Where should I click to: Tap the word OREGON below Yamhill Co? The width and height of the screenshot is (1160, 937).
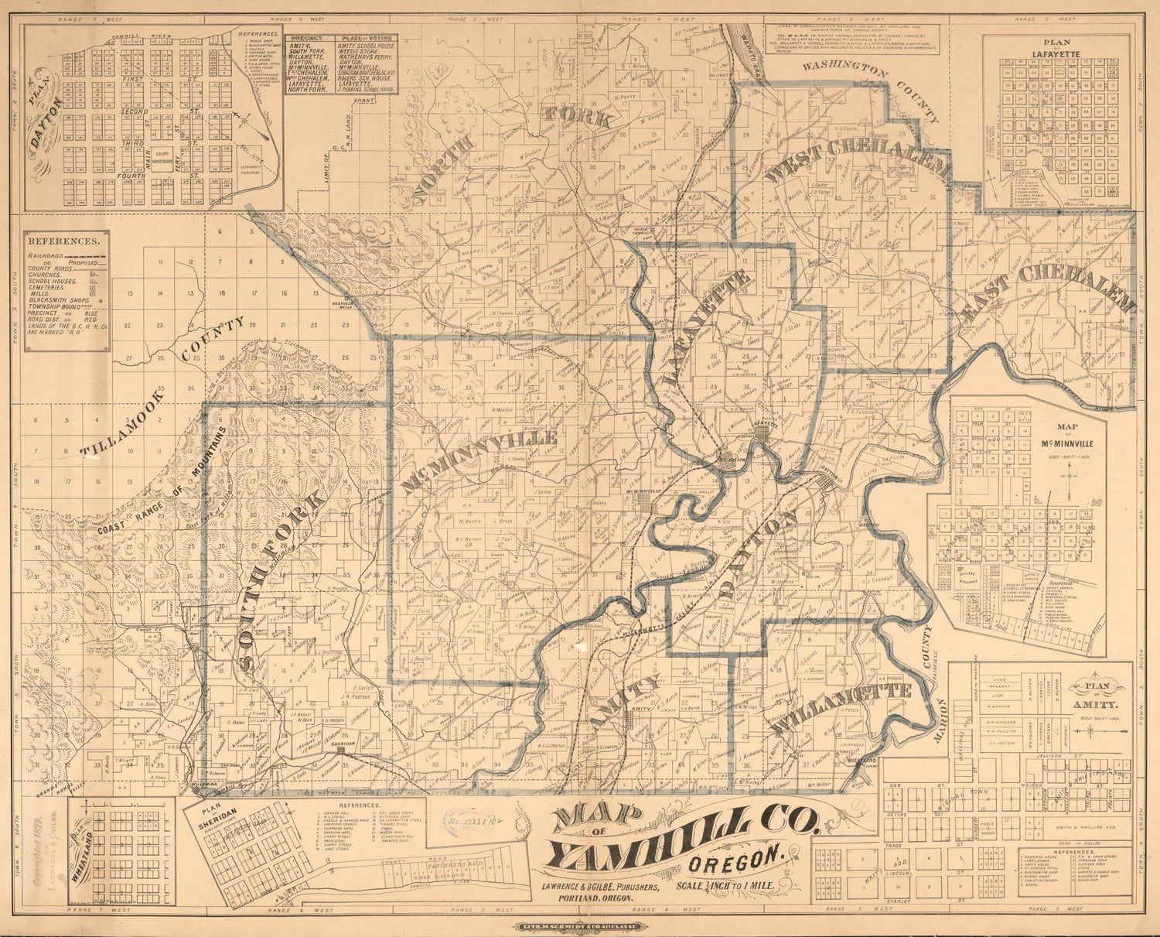[745, 857]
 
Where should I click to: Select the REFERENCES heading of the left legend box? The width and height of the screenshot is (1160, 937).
[63, 241]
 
